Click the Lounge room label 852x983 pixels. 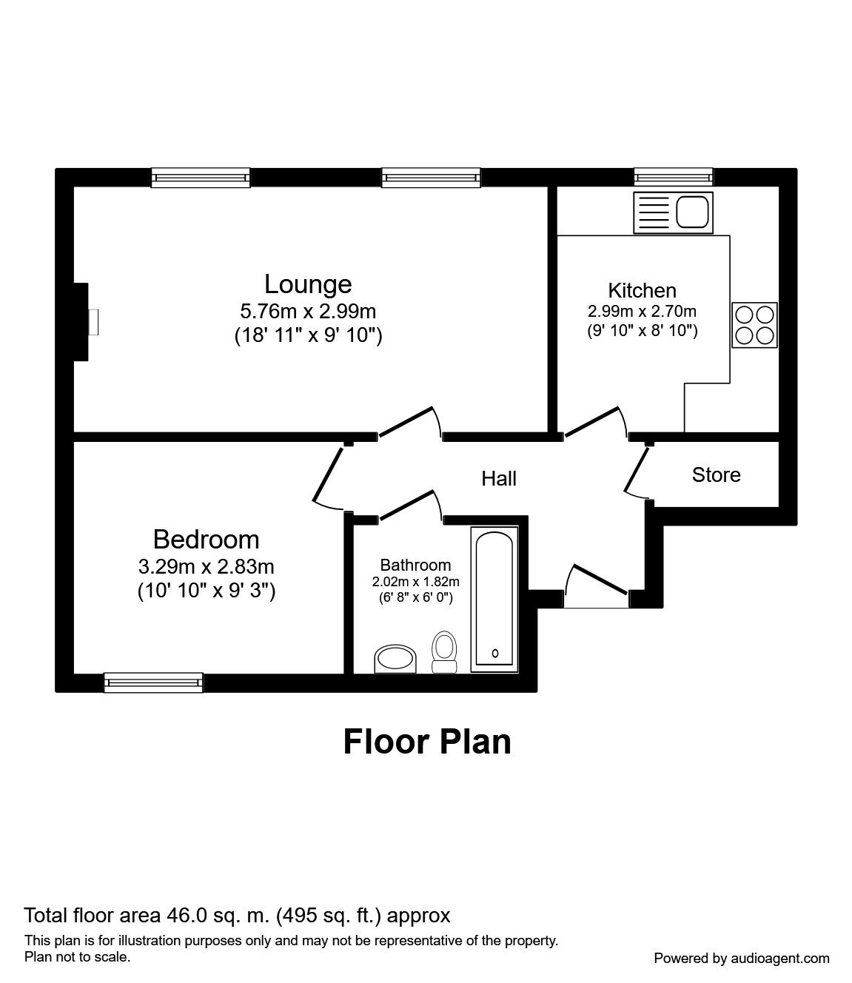308,284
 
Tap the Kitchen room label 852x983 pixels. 642,290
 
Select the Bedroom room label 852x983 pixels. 206,539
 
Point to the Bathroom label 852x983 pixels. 415,565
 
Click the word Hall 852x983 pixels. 499,479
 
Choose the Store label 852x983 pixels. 716,474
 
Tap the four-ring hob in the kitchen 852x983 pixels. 754,325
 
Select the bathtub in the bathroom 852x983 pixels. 494,600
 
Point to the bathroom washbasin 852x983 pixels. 396,658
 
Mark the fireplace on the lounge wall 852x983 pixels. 83,322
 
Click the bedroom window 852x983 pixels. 153,682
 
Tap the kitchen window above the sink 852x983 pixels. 673,177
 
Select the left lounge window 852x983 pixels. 201,177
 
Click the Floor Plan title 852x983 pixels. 427,741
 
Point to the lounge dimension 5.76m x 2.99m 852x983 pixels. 308,311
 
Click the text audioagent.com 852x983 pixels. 783,958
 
